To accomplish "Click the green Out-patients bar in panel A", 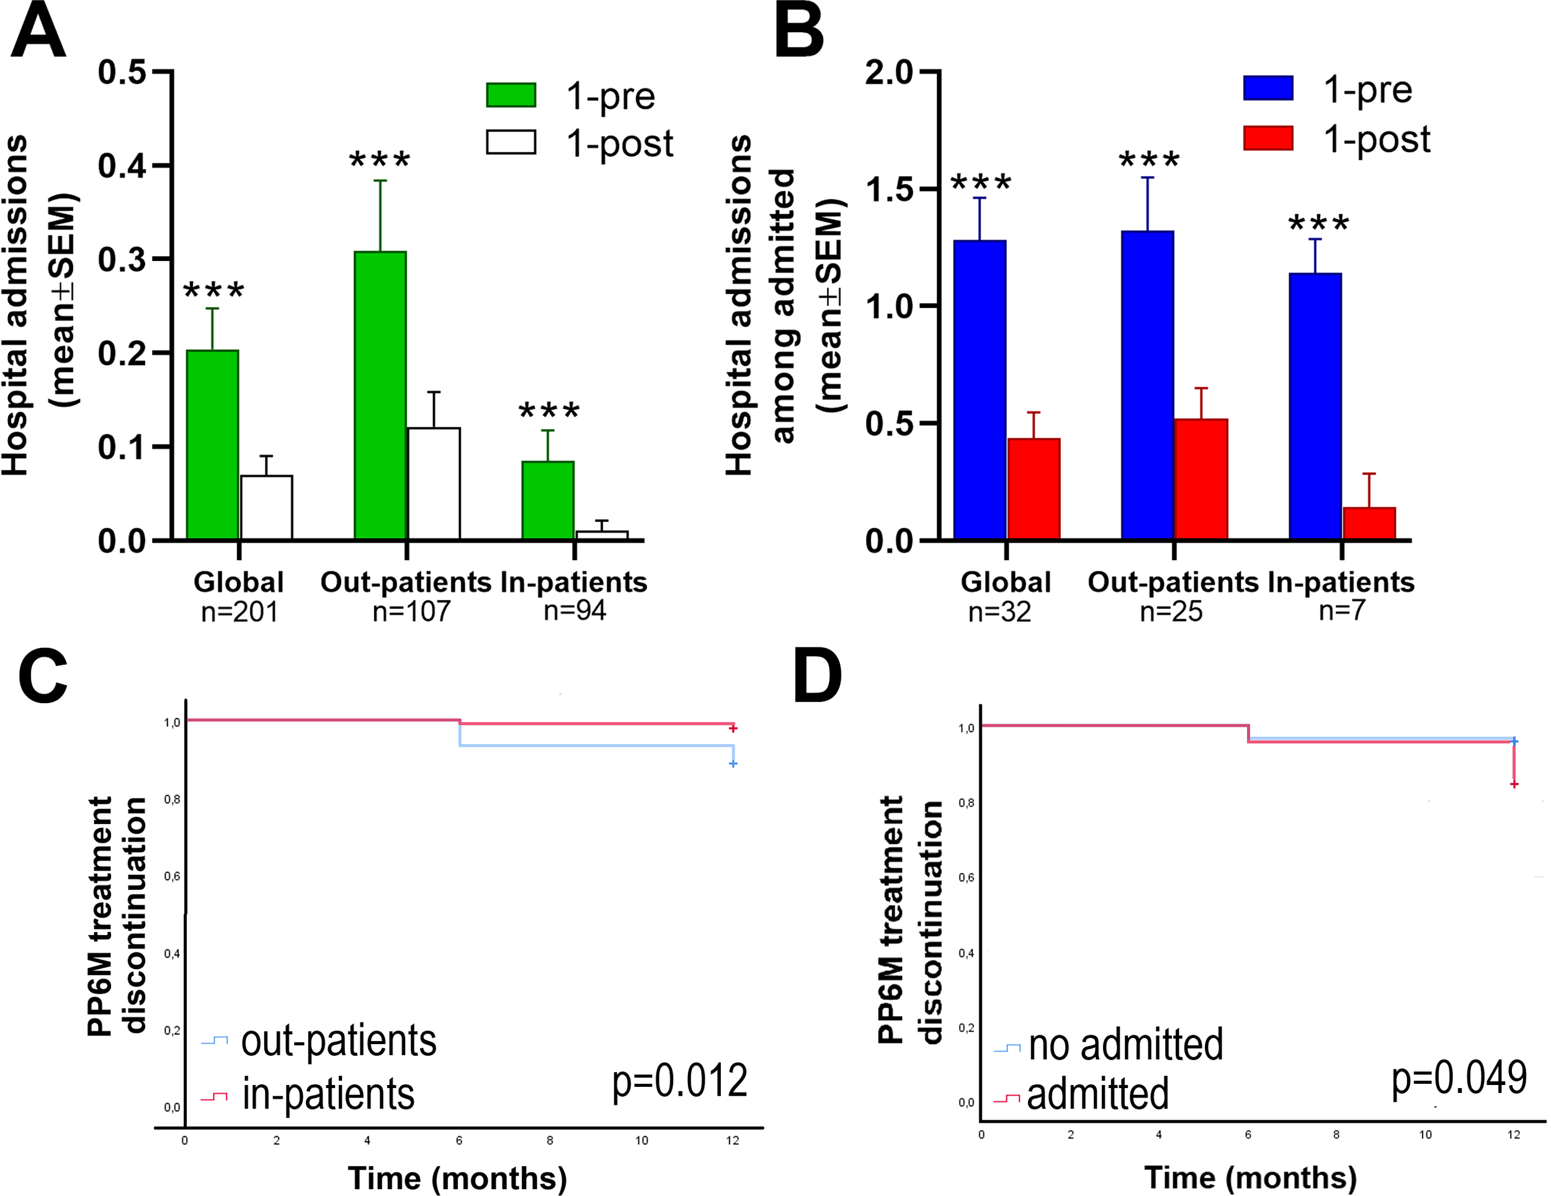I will (x=380, y=396).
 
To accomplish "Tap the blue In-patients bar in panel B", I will (x=1315, y=406).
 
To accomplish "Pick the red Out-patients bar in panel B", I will (x=1201, y=479).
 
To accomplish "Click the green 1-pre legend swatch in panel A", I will (x=511, y=95).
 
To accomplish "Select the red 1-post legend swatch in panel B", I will (x=1267, y=138).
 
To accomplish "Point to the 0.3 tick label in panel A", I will (x=122, y=260).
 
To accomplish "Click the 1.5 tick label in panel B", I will (x=888, y=190).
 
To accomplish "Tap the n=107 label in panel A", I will (x=411, y=611).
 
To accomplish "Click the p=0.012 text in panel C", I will (x=679, y=1081).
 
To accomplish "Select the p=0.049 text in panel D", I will (x=1459, y=1078).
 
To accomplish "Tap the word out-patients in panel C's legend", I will (x=339, y=1041).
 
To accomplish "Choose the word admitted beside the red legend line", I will (x=1097, y=1094).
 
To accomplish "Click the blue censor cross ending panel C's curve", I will (x=733, y=764).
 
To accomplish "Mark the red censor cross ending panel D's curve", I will (x=1514, y=784).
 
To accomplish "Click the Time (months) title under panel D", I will (x=1250, y=1177).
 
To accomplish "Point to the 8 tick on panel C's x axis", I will (x=550, y=1141).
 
